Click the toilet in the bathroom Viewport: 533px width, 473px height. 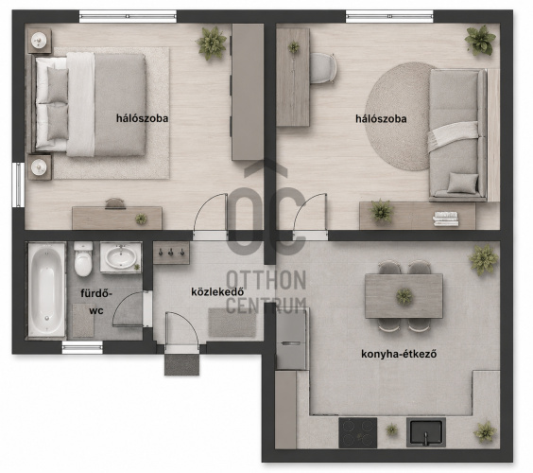(83, 258)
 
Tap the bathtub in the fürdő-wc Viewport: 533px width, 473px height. (46, 289)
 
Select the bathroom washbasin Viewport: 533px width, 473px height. (121, 257)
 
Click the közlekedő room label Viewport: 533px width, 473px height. (217, 292)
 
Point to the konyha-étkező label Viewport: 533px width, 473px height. (399, 354)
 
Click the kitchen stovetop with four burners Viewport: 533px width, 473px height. (358, 433)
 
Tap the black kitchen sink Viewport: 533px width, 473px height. (426, 432)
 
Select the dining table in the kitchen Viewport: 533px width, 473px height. (404, 296)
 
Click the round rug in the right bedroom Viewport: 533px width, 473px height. (401, 116)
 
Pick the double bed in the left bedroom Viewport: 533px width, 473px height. (89, 104)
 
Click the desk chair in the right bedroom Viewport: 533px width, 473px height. (323, 68)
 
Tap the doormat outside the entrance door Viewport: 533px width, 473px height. (181, 364)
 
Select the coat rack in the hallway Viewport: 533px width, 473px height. (171, 253)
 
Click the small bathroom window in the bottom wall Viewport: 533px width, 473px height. (82, 347)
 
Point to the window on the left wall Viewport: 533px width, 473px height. (18, 184)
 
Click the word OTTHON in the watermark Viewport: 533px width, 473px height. (266, 280)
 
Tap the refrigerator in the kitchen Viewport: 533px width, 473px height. (291, 340)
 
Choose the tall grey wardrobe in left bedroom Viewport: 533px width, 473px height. (248, 92)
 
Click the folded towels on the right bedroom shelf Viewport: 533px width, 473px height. (446, 219)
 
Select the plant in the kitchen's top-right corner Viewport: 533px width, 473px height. (483, 259)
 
